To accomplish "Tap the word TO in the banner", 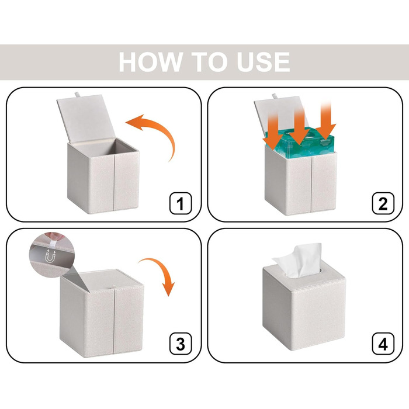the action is pos(211,62).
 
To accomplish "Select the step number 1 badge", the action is pos(181,203).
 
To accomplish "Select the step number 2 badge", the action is pos(383,203).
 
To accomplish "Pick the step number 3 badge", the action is pos(181,344).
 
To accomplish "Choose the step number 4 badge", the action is pos(383,344).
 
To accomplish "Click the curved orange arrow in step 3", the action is pos(162,269).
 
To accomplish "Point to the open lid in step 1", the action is pos(86,118).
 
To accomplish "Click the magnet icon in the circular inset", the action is pos(50,256).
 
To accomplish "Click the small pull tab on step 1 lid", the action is pos(77,94).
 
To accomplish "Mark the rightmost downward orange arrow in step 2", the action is pos(326,120).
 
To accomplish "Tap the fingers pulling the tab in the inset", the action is pos(55,237).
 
